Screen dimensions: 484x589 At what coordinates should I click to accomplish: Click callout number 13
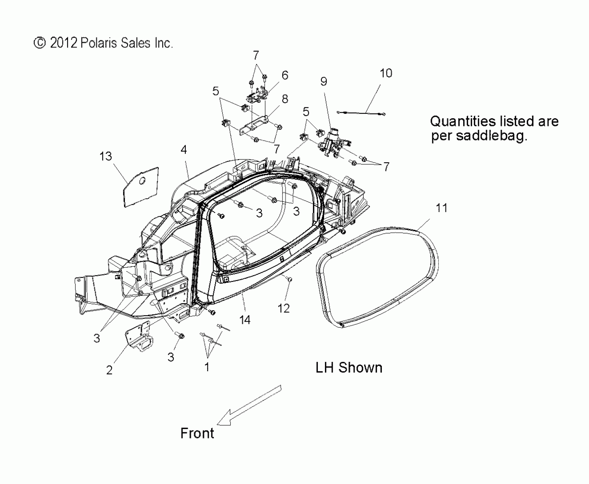[106, 156]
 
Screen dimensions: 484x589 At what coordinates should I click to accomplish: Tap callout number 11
[441, 208]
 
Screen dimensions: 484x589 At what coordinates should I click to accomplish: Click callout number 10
[386, 73]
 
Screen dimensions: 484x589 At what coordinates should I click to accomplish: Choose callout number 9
[324, 82]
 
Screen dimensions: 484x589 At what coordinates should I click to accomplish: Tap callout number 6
[285, 75]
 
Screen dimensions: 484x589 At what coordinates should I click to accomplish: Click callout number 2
[109, 370]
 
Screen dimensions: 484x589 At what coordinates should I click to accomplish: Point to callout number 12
[283, 308]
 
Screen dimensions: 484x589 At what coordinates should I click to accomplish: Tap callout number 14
[245, 320]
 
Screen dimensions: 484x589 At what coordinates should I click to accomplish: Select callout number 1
[207, 367]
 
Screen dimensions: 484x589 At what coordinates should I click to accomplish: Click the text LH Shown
[349, 368]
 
